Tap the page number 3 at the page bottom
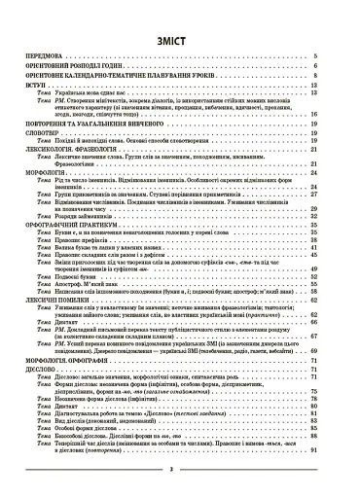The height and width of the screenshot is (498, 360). tap(179, 468)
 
